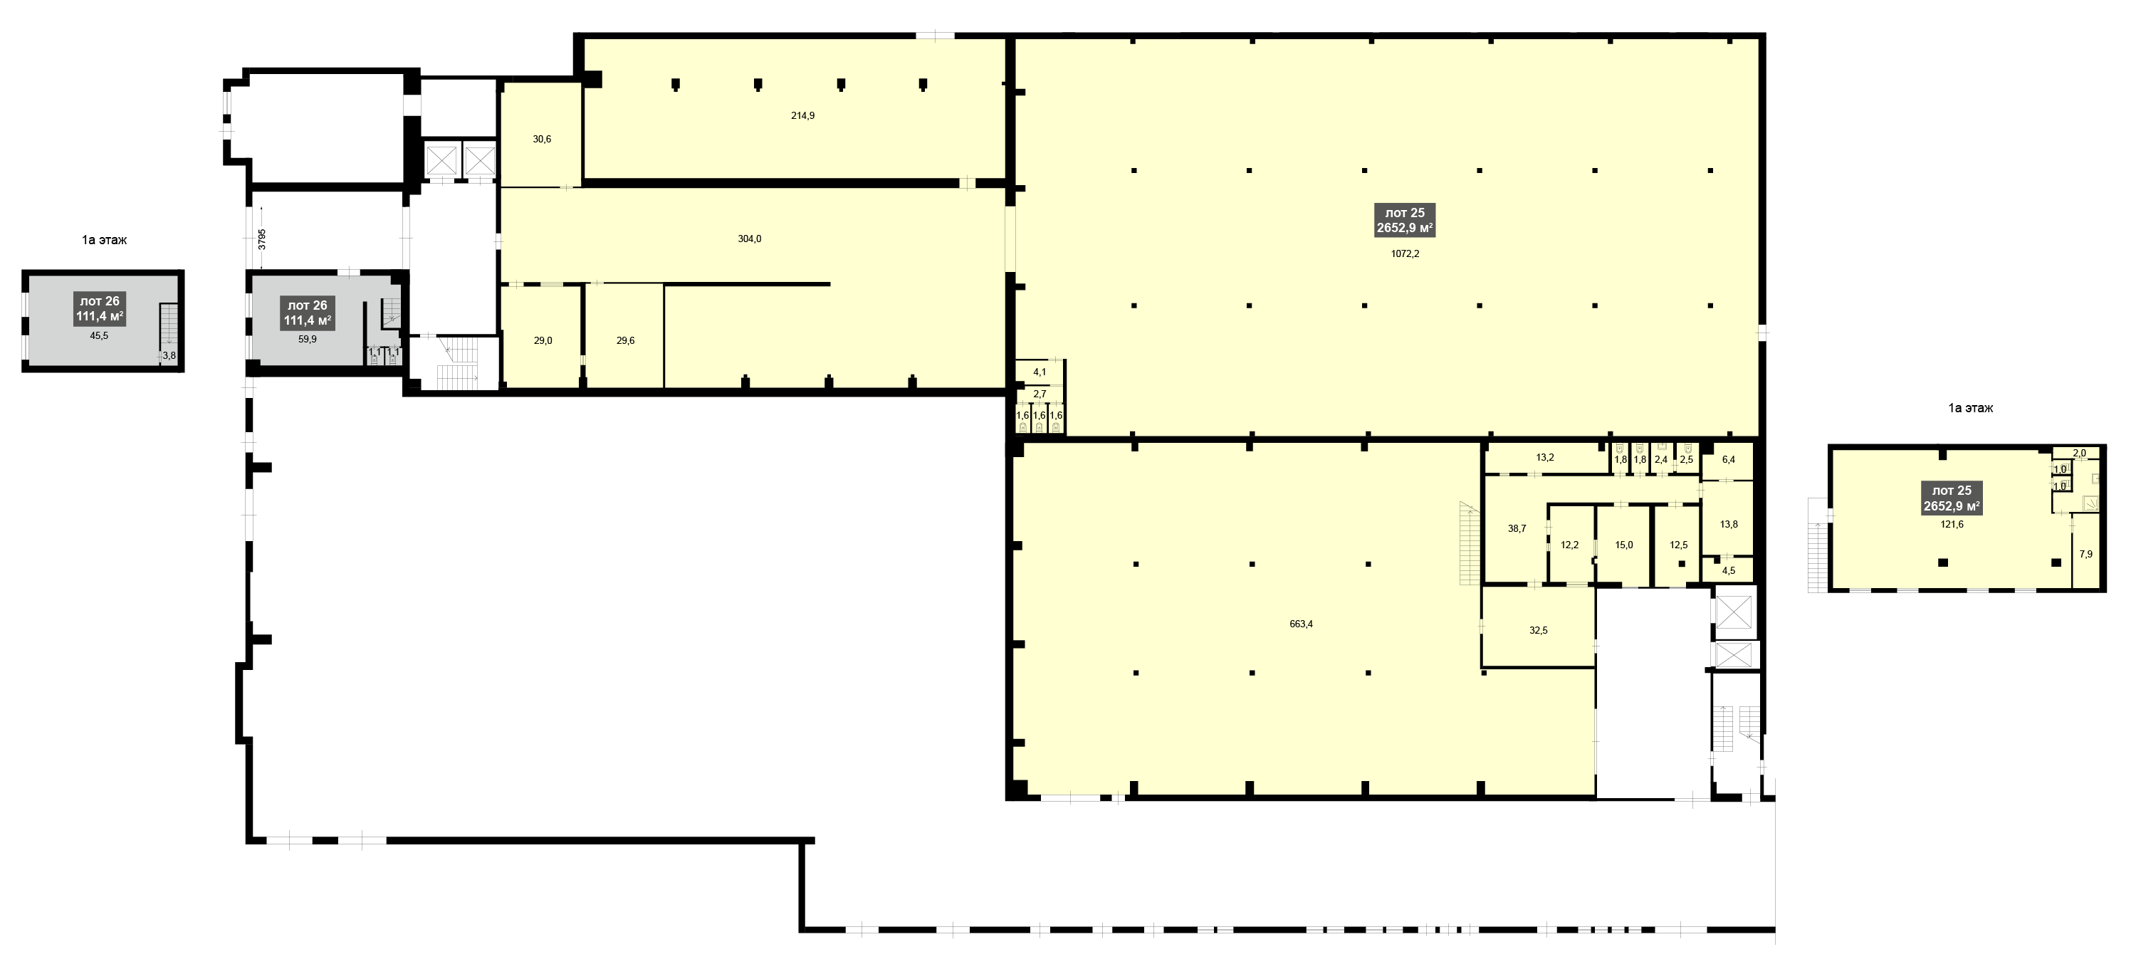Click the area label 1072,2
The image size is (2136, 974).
(x=1405, y=254)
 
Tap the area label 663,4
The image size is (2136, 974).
(x=1302, y=624)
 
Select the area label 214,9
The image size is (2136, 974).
(x=802, y=116)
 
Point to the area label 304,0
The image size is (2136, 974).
(x=750, y=239)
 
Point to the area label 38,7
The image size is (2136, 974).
(x=1517, y=529)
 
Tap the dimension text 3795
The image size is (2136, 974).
(x=262, y=239)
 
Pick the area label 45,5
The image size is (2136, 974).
(x=99, y=337)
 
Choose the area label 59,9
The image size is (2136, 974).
(x=307, y=339)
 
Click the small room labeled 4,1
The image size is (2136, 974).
(x=1040, y=373)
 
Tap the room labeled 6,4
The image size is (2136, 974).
(x=1728, y=459)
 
